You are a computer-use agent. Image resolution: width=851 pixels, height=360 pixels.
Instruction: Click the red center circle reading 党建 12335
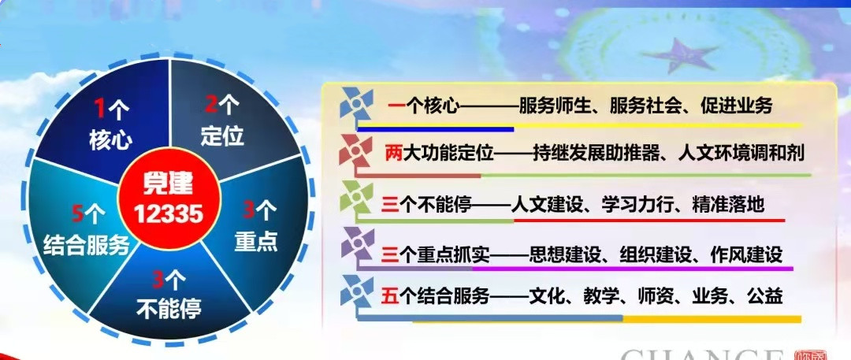169,199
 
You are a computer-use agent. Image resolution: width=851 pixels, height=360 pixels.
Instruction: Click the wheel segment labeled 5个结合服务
81,228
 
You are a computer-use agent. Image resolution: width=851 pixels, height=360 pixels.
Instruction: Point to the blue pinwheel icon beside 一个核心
357,104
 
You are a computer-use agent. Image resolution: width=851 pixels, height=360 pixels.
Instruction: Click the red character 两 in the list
392,154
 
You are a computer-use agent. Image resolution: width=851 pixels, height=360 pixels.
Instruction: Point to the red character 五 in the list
390,297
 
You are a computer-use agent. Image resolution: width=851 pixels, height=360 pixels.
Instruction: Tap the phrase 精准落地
728,205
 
